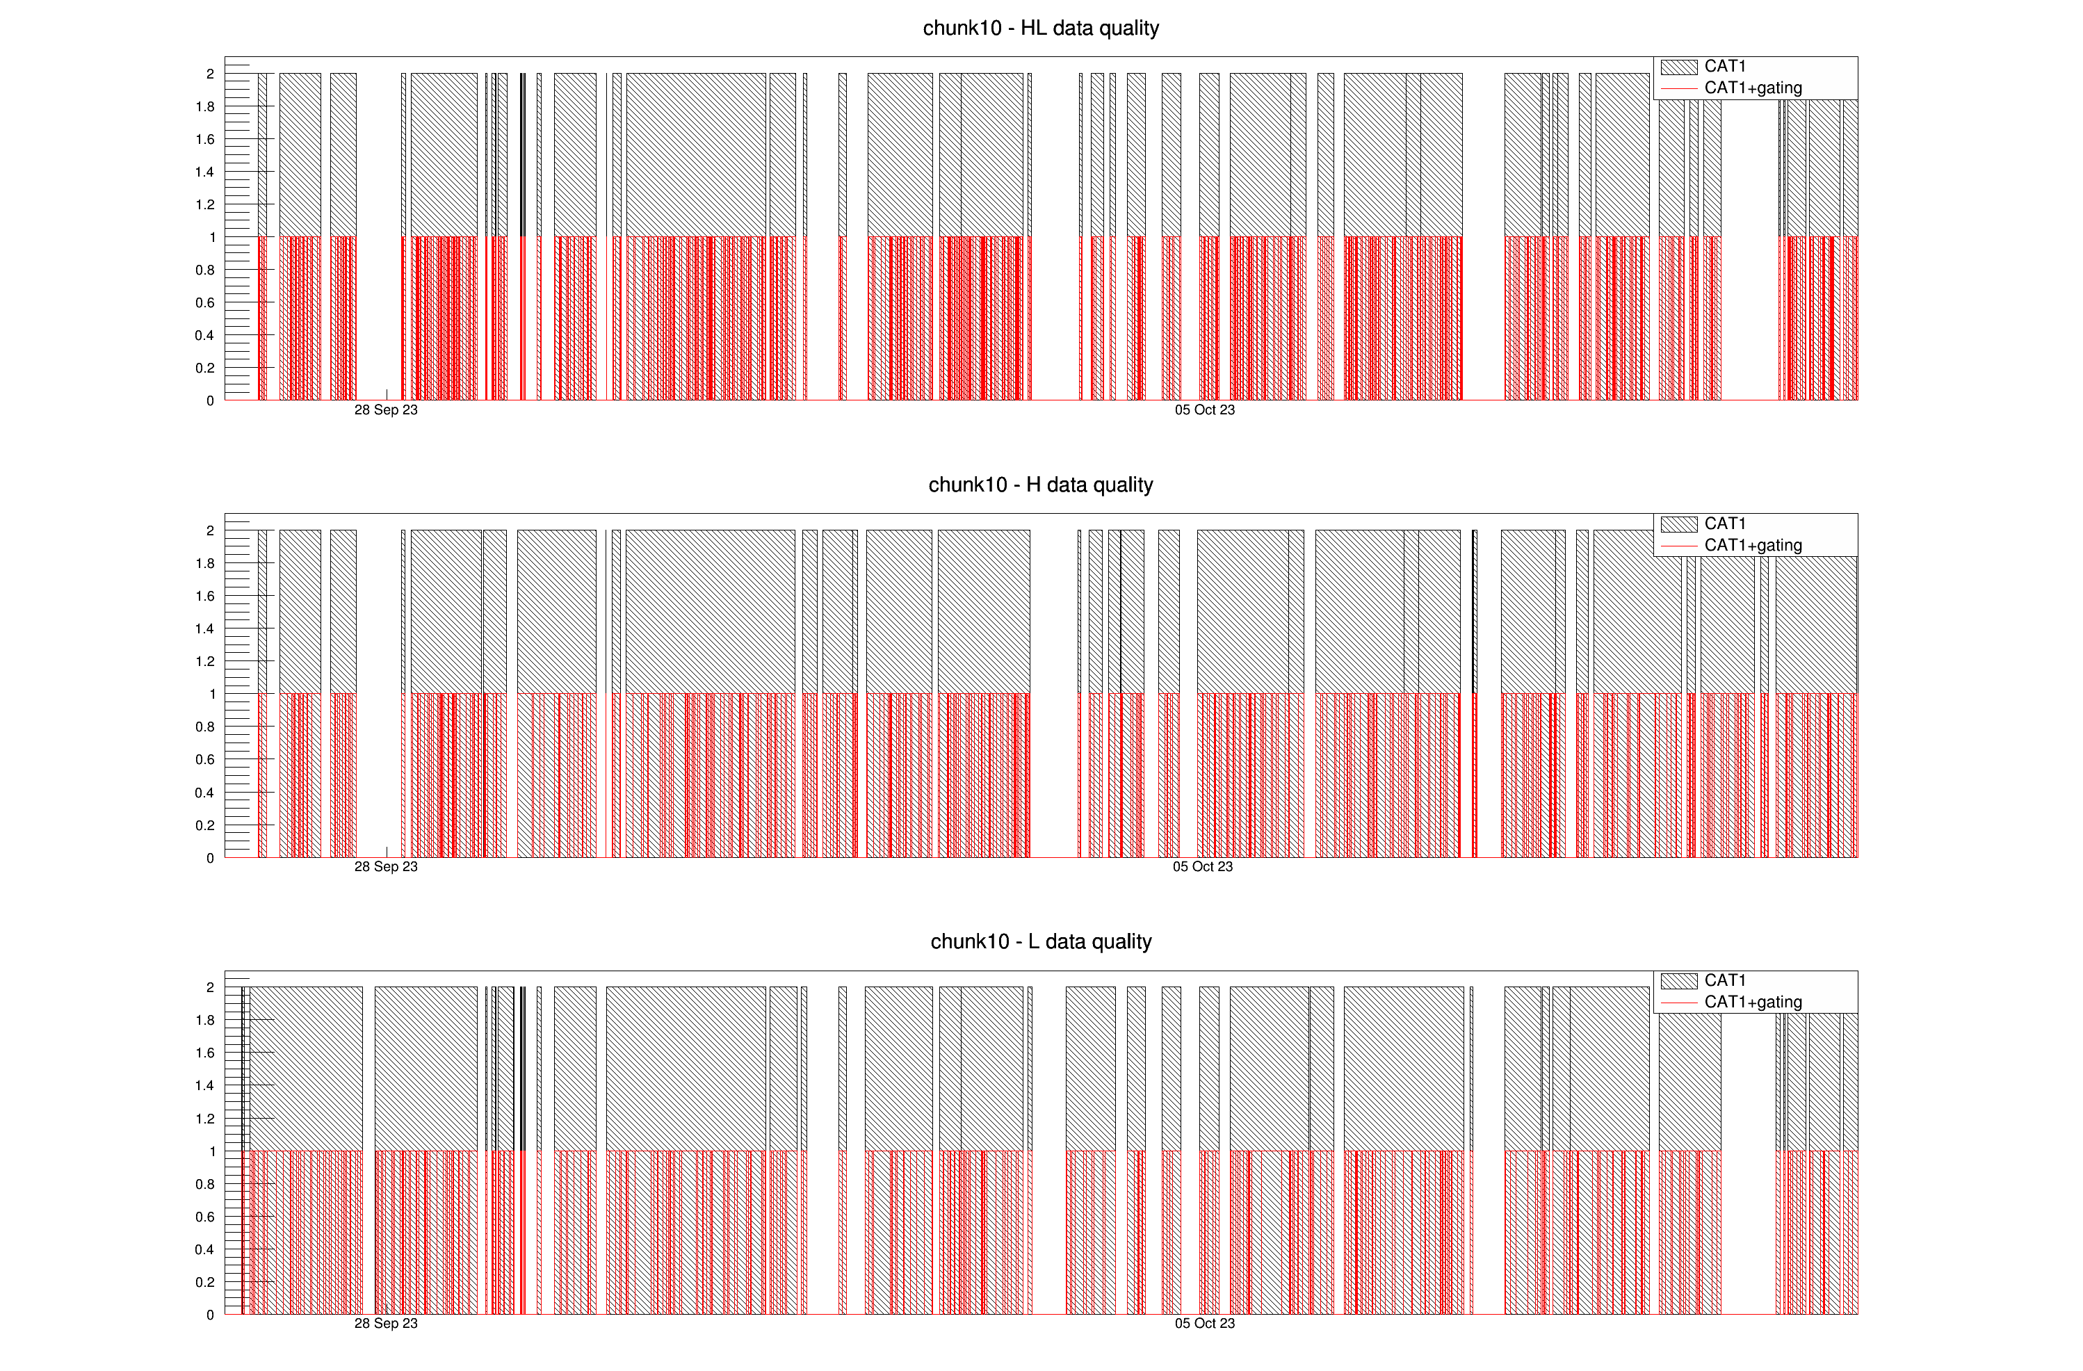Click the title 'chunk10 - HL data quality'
point(1041,28)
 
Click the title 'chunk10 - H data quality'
point(1041,485)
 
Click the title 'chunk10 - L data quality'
point(1041,941)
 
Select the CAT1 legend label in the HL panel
point(1724,67)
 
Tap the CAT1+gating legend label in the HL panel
point(1752,88)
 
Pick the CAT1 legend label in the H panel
point(1724,524)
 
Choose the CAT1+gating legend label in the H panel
point(1752,545)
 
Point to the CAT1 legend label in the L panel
point(1724,980)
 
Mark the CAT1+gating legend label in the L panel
point(1752,1002)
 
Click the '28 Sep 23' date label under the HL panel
point(386,409)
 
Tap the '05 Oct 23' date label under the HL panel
point(1204,409)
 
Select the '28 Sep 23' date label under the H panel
point(386,866)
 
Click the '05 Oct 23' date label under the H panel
point(1203,866)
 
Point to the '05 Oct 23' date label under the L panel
point(1204,1323)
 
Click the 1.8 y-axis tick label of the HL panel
point(205,107)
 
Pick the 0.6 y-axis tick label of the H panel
point(205,759)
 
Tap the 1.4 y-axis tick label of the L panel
point(205,1086)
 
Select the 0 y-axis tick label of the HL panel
point(210,400)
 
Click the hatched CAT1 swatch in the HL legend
point(1678,67)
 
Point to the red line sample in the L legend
point(1678,1002)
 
